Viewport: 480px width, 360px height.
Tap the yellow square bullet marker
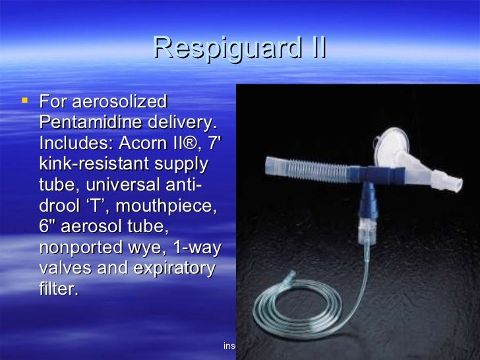point(25,101)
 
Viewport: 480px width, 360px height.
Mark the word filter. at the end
point(59,289)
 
